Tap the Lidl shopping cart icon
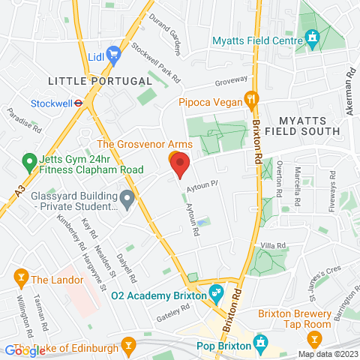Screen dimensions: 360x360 click(x=113, y=53)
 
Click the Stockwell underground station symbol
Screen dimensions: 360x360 click(x=79, y=103)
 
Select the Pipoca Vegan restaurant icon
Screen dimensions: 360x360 click(x=253, y=97)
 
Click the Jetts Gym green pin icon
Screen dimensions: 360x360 click(x=28, y=160)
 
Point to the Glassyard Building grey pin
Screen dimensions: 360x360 click(x=127, y=199)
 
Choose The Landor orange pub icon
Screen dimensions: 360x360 click(x=20, y=280)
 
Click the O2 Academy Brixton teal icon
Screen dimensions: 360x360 click(x=216, y=291)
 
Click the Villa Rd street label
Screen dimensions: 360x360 click(x=273, y=246)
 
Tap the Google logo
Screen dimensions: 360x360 click(x=24, y=351)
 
